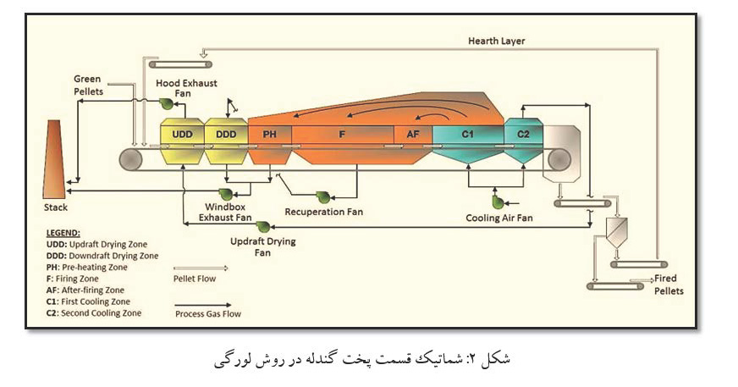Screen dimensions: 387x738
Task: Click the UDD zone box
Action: pyautogui.click(x=182, y=134)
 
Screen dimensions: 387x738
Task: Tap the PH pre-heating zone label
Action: pyautogui.click(x=270, y=134)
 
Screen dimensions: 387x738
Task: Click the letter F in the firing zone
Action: pyautogui.click(x=342, y=134)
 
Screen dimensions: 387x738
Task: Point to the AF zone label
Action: pyautogui.click(x=413, y=134)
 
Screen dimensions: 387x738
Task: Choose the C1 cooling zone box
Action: pyautogui.click(x=467, y=134)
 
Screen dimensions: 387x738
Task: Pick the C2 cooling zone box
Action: pyautogui.click(x=523, y=134)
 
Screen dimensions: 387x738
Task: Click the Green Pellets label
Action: pyautogui.click(x=88, y=85)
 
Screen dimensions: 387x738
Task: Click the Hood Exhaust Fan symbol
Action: pyautogui.click(x=167, y=103)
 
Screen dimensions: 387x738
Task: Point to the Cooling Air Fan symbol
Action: pyautogui.click(x=497, y=202)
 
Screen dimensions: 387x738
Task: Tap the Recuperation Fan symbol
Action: pyautogui.click(x=322, y=196)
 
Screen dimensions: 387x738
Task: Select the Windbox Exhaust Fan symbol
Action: pyautogui.click(x=226, y=194)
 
